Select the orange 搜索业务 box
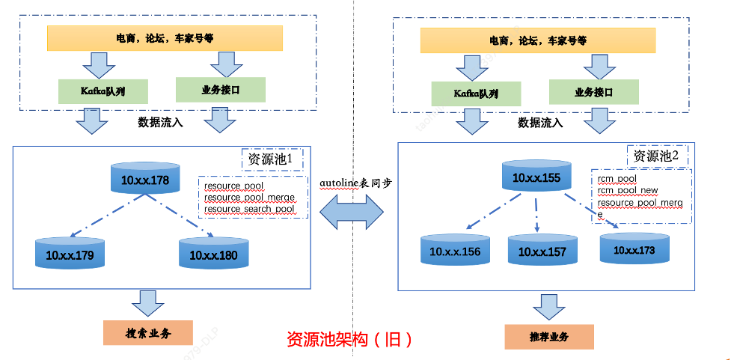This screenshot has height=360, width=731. pyautogui.click(x=147, y=332)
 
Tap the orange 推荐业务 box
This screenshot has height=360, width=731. pyautogui.click(x=549, y=337)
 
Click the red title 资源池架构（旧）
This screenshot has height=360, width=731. pyautogui.click(x=349, y=339)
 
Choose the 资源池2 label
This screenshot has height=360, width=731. pyautogui.click(x=656, y=156)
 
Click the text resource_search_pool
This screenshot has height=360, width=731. pyautogui.click(x=249, y=209)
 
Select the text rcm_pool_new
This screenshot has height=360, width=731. pyautogui.click(x=628, y=191)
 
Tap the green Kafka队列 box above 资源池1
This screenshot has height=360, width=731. pyautogui.click(x=103, y=91)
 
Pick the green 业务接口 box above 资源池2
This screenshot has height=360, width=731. pyautogui.click(x=594, y=92)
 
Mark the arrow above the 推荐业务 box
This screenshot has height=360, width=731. pyautogui.click(x=549, y=307)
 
